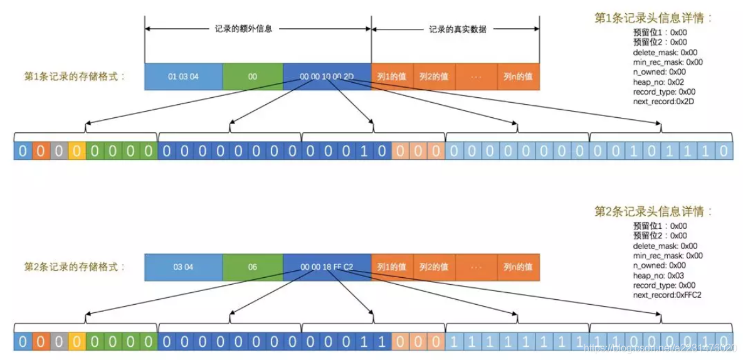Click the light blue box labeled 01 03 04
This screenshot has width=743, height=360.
coord(183,77)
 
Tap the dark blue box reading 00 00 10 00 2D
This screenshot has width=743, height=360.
coord(327,77)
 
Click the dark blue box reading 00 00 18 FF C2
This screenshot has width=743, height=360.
coord(327,267)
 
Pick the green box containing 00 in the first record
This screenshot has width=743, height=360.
coord(252,77)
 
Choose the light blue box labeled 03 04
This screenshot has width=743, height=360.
coord(183,267)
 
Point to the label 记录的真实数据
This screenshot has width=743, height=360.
coord(457,29)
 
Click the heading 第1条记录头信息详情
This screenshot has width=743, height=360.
coord(653,18)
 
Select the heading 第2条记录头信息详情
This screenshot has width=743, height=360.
coord(653,211)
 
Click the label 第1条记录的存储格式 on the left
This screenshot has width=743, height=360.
coord(75,77)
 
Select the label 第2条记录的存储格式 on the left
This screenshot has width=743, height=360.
coord(75,267)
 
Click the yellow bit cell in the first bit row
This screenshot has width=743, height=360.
coord(76,151)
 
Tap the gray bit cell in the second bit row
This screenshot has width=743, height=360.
coord(58,341)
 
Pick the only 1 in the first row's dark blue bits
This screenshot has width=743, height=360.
coord(364,151)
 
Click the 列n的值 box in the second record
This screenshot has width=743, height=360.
coord(518,267)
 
